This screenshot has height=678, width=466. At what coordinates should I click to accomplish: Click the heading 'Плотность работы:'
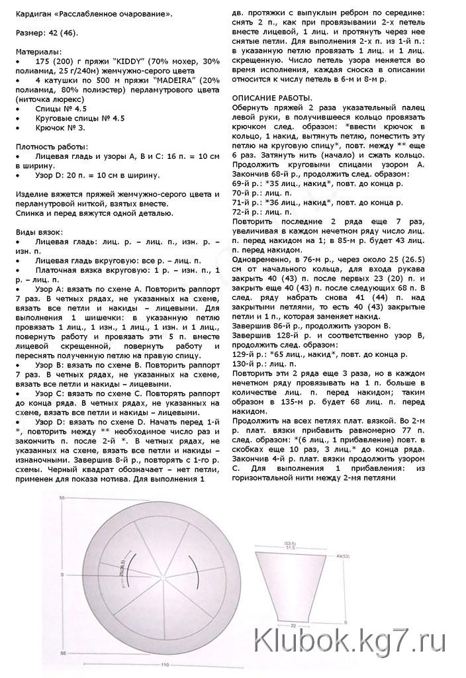click(50, 144)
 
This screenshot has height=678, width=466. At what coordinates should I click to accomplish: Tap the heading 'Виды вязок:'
click(38, 232)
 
